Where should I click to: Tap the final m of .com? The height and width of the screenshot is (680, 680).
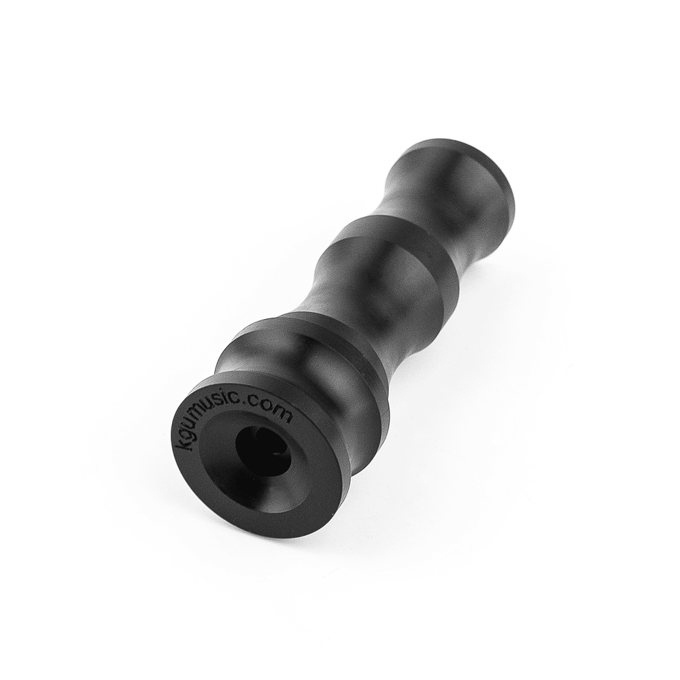287,418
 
